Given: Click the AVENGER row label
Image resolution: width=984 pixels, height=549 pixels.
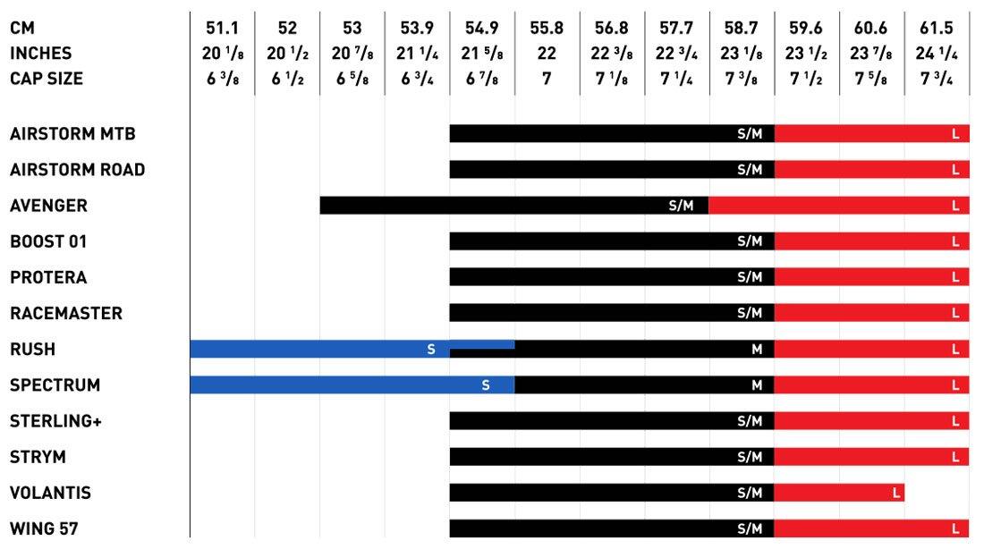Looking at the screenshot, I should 48,206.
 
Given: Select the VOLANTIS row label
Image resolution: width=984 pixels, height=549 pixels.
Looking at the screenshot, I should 50,493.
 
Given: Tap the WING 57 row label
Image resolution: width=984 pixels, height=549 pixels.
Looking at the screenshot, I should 44,528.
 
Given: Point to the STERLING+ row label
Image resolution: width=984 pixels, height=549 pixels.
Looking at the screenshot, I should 55,421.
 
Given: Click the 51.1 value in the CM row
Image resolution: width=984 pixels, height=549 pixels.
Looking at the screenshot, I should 222,29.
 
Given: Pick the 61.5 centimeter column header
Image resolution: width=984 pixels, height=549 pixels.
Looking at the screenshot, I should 937,29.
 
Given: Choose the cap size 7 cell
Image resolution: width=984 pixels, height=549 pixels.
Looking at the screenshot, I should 547,79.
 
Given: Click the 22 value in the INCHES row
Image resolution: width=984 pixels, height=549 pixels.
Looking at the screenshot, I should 547,54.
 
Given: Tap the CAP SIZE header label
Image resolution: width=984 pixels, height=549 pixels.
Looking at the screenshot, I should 47,79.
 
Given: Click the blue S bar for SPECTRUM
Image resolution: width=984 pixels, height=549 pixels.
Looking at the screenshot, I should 352,385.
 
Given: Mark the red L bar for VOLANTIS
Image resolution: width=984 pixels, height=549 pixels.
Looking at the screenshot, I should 839,493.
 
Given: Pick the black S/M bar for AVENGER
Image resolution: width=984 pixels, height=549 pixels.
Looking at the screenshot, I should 513,206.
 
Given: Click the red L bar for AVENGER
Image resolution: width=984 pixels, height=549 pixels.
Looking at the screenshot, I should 838,206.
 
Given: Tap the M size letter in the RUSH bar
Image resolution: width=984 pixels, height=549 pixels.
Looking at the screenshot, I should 757,350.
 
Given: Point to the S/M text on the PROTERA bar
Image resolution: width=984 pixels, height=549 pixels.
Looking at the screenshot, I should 750,277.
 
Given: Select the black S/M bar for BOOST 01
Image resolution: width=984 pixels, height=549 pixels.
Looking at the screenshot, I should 612,241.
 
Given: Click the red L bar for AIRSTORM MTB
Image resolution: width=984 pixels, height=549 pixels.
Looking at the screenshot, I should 871,134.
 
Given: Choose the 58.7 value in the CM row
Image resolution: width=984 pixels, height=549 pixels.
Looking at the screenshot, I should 742,29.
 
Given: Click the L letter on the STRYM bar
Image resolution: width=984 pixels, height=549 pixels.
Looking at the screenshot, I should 955,457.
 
